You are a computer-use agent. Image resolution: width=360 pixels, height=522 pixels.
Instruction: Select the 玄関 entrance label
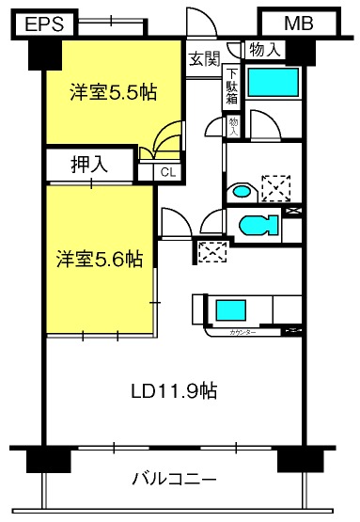tap(203, 58)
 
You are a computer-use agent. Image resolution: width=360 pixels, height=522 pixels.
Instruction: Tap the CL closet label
tap(166, 171)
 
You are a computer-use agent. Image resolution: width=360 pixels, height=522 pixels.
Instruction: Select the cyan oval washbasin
tap(242, 191)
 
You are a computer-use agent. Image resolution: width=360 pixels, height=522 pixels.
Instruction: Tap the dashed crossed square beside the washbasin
tap(275, 188)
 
